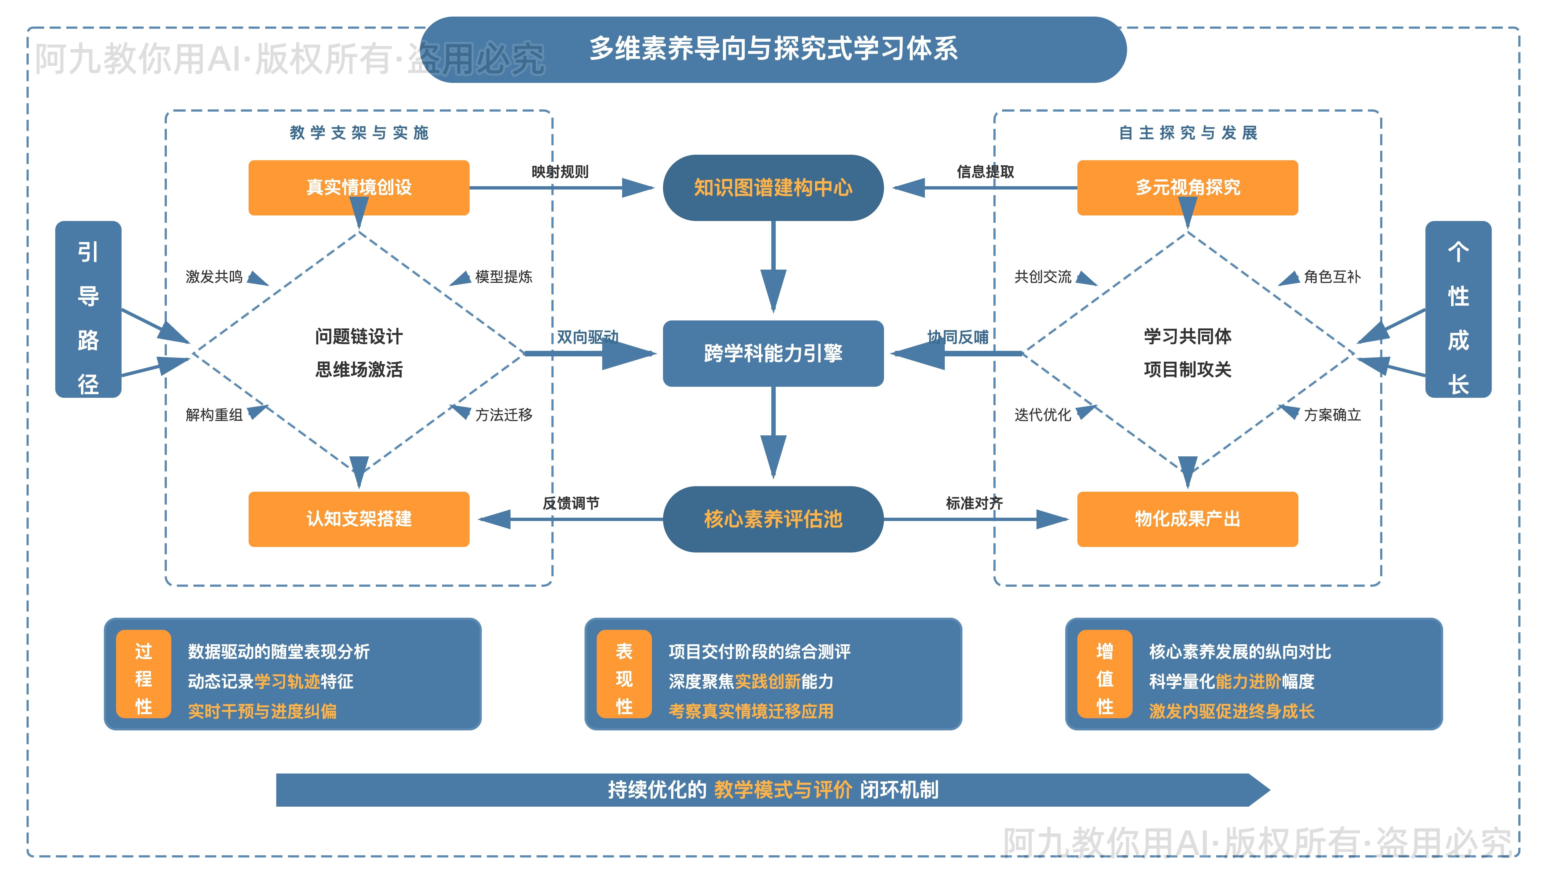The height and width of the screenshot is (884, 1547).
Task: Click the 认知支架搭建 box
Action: (359, 519)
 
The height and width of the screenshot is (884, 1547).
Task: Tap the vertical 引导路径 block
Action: (88, 310)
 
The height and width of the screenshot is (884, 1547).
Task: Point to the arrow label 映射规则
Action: (560, 172)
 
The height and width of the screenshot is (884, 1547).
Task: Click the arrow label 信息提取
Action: (985, 172)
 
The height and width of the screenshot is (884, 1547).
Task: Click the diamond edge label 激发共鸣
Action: (214, 277)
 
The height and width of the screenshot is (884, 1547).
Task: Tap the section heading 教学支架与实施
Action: (359, 133)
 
